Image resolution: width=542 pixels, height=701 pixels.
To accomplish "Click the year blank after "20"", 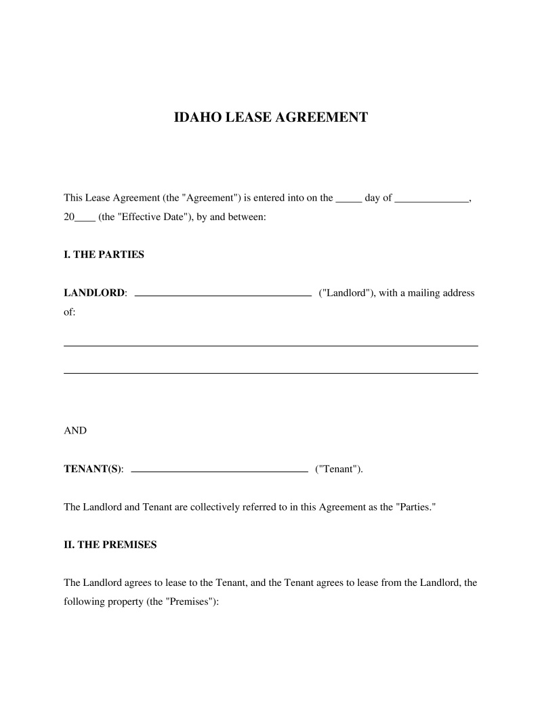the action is [85, 221].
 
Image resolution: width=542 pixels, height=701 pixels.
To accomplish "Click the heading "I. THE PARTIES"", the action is [104, 255].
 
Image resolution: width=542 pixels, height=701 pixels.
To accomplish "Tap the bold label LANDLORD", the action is [94, 293].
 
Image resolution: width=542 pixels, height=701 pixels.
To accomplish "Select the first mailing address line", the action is [270, 345].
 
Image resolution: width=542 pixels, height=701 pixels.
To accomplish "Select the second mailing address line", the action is [270, 373].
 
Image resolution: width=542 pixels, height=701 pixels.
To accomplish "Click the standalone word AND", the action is [75, 431].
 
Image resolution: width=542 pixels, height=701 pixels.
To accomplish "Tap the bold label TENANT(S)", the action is [93, 469].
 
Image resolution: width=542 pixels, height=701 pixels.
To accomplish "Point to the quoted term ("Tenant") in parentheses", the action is [339, 469].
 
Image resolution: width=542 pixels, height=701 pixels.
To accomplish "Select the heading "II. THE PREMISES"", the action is [110, 545].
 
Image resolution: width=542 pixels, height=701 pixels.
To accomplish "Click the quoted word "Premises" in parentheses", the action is [189, 601].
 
